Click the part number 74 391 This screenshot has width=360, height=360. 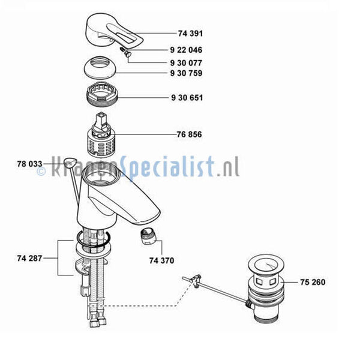190,34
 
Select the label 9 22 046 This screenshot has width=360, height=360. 186,50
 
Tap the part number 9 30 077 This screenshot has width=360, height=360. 186,63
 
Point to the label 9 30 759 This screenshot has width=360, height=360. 186,73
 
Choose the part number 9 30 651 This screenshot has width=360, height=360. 187,98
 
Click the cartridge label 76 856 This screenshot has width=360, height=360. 189,134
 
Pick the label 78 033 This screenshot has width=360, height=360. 29,164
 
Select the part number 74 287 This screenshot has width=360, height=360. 29,258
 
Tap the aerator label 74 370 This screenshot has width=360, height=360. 161,260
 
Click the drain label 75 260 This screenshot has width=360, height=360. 313,282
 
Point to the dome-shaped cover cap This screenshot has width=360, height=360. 100,67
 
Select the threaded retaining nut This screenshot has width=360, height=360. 102,94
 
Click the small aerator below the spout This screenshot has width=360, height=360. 148,237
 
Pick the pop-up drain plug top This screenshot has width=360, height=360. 266,265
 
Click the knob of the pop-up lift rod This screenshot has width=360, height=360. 70,162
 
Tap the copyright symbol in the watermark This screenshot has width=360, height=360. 41,171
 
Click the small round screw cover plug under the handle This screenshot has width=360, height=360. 128,54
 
